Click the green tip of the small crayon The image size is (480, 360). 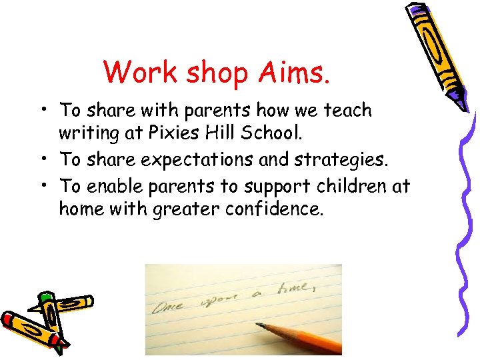(45, 296)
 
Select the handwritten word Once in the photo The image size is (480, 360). (172, 307)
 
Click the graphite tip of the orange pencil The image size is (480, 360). (259, 325)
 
